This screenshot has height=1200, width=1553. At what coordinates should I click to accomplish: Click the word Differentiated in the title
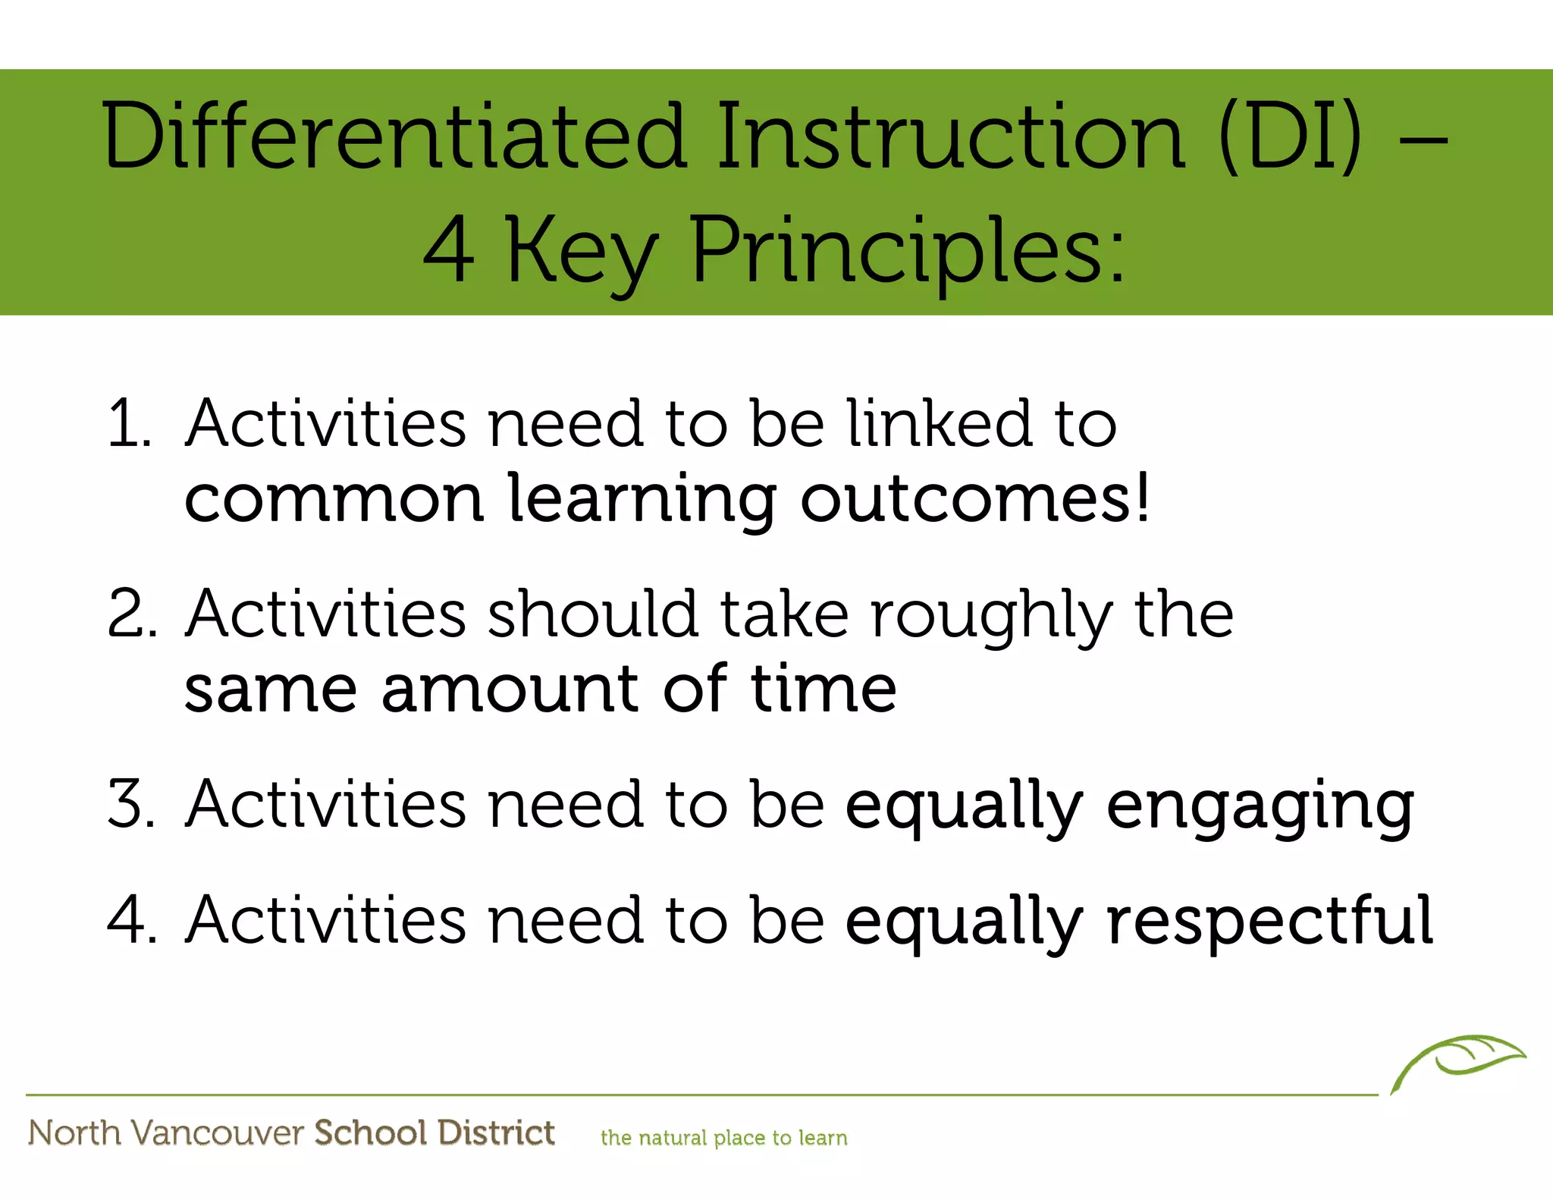[394, 137]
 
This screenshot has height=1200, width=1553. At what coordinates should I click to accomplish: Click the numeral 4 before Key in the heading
[448, 250]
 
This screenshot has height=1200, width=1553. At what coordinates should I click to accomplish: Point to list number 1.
[129, 423]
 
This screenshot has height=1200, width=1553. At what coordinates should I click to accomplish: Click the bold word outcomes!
[975, 499]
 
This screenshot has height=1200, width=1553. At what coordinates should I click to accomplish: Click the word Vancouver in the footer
[218, 1132]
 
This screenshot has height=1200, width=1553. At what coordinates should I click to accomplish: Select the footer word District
[496, 1132]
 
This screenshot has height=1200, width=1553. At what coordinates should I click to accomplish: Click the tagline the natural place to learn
[723, 1138]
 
